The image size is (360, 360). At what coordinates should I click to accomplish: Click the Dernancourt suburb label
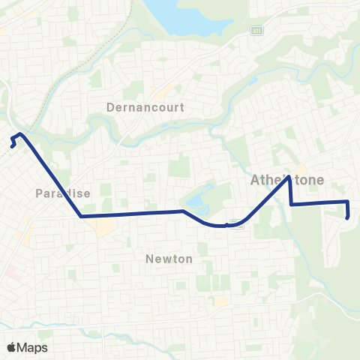pos(156,107)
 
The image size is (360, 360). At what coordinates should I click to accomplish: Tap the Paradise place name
pos(63,193)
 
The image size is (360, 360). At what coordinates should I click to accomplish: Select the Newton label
pos(168,259)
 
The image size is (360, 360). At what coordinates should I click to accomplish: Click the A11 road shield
pos(256,31)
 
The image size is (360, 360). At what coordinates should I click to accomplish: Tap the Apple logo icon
pos(12,347)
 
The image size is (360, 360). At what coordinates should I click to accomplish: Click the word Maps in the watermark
pos(33,347)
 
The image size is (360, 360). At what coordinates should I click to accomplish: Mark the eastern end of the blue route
pos(348,217)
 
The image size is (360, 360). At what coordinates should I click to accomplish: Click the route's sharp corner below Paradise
pos(80,216)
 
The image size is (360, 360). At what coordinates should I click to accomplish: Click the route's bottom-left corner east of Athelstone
pos(291,204)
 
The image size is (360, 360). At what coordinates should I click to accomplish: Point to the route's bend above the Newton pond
pos(183,211)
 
